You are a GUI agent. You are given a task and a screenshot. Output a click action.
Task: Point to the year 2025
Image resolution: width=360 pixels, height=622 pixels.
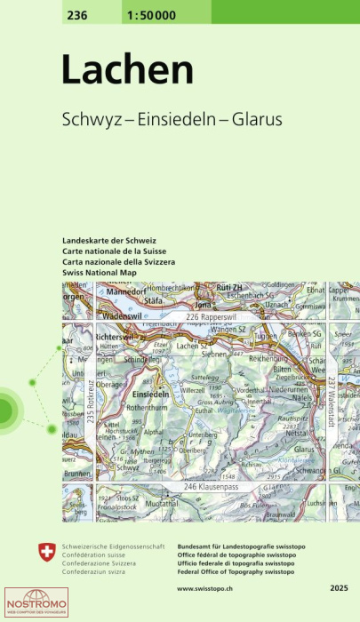click(x=338, y=588)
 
